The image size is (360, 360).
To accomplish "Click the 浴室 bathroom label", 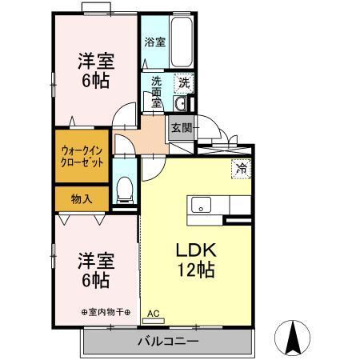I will coord(155,42).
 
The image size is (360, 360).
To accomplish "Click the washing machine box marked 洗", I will coord(184,82).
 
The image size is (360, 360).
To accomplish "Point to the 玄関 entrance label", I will coord(180,126).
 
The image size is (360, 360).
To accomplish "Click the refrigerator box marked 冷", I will coord(240,168).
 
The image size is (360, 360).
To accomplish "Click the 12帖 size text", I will coord(194,270).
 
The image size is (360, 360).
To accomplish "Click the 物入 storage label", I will coord(82,198).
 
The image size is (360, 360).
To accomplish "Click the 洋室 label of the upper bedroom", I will coord(94,60).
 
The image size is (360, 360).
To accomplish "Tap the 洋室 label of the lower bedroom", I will coord(94,261).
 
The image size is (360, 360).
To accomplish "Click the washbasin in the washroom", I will coord(180,103).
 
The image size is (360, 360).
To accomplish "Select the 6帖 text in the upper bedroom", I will coord(94,81).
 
